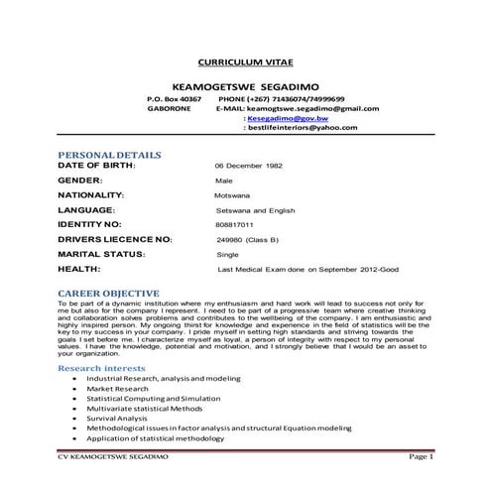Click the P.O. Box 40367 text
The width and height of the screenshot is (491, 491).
pyautogui.click(x=174, y=99)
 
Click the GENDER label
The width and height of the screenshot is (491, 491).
pyautogui.click(x=80, y=182)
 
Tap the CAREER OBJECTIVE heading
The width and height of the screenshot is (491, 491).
pyautogui.click(x=109, y=294)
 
